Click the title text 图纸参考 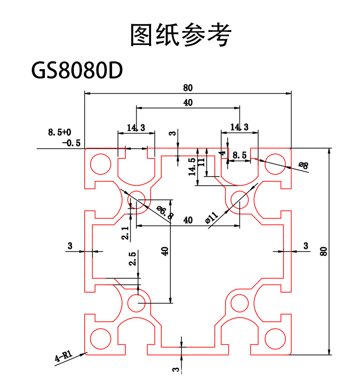[181, 34]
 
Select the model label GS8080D [77, 71]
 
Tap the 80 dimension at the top [188, 88]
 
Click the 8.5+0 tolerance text [59, 132]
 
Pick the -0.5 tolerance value [71, 143]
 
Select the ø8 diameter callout [303, 165]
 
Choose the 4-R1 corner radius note [64, 357]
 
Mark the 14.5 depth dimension [192, 166]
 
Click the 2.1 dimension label [125, 234]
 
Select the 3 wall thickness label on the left [70, 246]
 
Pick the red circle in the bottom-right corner [275, 337]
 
